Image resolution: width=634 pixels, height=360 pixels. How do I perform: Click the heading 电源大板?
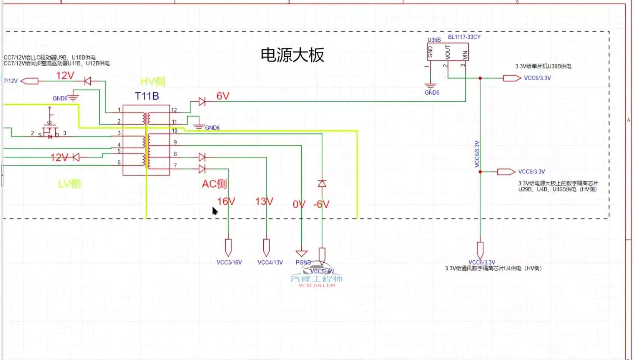[x=292, y=55]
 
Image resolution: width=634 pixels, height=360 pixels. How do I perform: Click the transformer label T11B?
[x=147, y=96]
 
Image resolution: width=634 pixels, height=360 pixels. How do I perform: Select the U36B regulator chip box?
[x=448, y=52]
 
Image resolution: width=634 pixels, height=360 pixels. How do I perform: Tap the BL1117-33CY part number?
[x=464, y=37]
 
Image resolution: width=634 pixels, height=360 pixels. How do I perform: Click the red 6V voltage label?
[x=223, y=96]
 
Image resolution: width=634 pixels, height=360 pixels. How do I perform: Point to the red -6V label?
[x=321, y=204]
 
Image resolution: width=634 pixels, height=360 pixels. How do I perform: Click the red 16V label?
[x=226, y=202]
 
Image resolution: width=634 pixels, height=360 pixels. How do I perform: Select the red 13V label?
[x=264, y=202]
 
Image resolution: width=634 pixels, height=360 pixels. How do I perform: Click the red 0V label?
[x=299, y=204]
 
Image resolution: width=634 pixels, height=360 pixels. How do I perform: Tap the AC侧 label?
[x=214, y=184]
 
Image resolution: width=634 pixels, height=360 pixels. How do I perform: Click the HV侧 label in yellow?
[x=153, y=82]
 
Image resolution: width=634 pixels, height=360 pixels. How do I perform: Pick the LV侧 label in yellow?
[x=70, y=184]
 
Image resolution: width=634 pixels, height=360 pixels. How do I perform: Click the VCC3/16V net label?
[x=229, y=262]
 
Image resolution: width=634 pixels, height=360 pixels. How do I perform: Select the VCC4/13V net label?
[x=270, y=262]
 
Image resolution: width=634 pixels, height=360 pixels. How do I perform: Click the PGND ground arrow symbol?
[x=302, y=254]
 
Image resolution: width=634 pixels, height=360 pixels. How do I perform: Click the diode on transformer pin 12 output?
[x=202, y=102]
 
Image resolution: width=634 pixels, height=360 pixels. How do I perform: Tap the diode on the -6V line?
[x=322, y=184]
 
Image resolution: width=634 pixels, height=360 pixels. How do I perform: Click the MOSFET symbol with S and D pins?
[x=49, y=132]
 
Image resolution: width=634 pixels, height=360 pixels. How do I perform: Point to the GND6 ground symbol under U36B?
[x=430, y=86]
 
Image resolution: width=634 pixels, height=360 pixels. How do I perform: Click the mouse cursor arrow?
[x=214, y=211]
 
